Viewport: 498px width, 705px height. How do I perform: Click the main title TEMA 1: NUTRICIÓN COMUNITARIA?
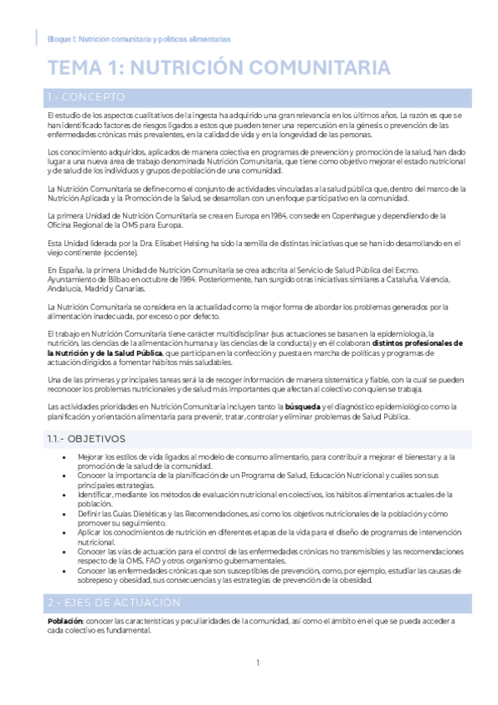[x=219, y=67]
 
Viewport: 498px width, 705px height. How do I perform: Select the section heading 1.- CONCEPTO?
[x=86, y=96]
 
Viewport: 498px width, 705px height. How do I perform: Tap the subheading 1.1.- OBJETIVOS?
[x=86, y=438]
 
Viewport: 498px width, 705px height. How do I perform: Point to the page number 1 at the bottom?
[x=258, y=663]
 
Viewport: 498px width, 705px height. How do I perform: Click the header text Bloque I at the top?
[x=62, y=39]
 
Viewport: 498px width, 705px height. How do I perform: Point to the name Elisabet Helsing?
[x=200, y=243]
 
